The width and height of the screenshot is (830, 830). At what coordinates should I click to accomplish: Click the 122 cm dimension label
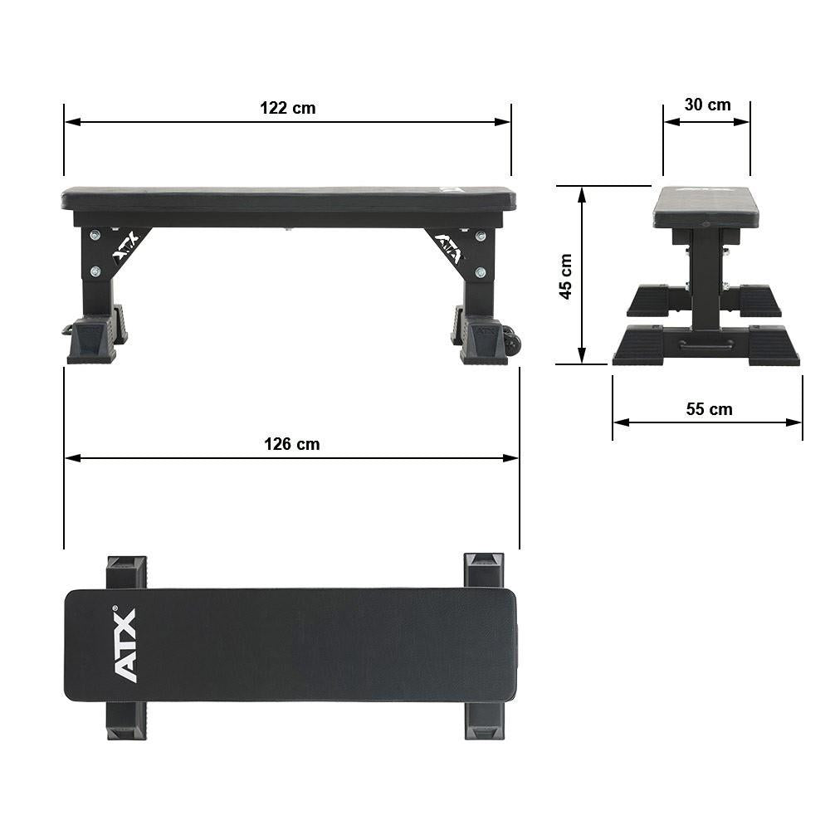pos(287,108)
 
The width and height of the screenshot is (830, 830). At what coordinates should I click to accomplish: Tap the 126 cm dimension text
pos(291,444)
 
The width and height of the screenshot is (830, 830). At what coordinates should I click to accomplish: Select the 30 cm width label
pos(707,105)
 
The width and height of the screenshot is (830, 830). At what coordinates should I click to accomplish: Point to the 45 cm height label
pos(566,276)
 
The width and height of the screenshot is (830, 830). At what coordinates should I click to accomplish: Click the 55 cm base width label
pos(709,409)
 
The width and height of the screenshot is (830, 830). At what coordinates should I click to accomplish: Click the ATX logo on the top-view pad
pos(124,645)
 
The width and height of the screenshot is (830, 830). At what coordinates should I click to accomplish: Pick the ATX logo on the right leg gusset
pos(449,247)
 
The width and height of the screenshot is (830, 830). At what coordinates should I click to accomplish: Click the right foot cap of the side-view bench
pos(484,342)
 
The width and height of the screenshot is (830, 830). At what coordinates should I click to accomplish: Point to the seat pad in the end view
pos(705,207)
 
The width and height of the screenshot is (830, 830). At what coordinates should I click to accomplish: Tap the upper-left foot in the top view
pos(126,572)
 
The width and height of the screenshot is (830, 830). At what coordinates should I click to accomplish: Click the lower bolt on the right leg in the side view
pos(481,272)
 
